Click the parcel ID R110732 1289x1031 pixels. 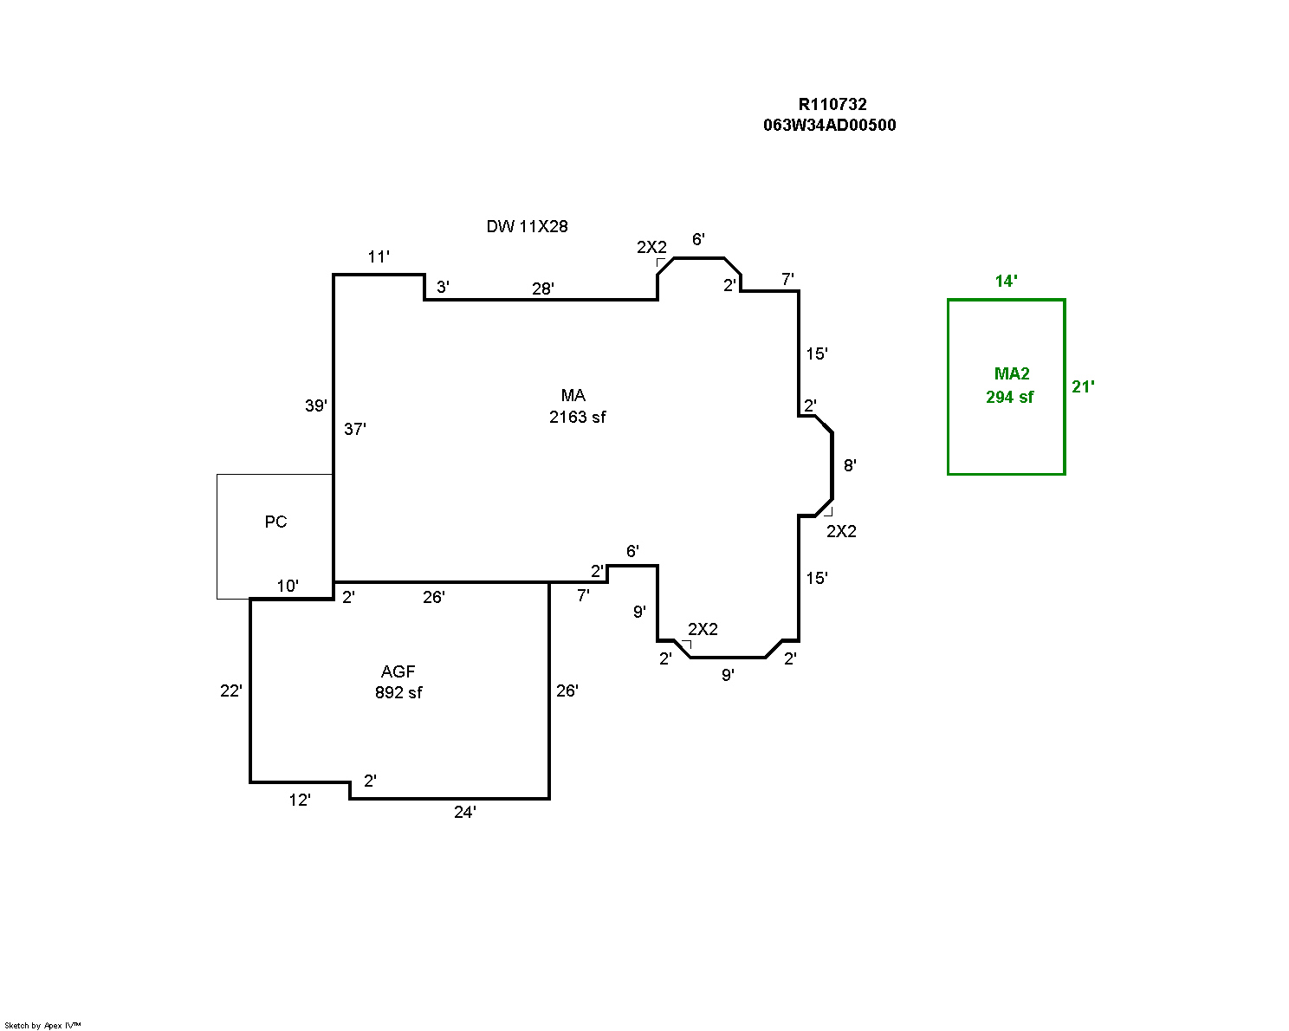pos(832,104)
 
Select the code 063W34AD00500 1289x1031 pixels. pos(830,126)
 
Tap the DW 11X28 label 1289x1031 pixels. pos(527,226)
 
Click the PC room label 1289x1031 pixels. pos(275,522)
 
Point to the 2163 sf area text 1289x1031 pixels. pos(578,417)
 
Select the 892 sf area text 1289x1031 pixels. pos(398,692)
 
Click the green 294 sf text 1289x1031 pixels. pos(1010,397)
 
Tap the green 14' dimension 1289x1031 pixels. pos(1007,281)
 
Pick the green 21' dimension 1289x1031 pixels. pos(1083,387)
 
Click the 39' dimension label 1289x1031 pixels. pos(316,405)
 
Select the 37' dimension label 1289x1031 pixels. pos(355,429)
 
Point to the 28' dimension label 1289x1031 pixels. pos(543,289)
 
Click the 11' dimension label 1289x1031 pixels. pos(379,257)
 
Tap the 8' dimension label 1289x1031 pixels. pos(850,465)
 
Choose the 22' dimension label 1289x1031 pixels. pos(231,691)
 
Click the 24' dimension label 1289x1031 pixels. pos(465,812)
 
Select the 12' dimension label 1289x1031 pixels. pos(300,800)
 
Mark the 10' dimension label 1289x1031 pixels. pos(288,586)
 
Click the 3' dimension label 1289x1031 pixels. pos(444,287)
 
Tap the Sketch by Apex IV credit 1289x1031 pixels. pos(42,1026)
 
